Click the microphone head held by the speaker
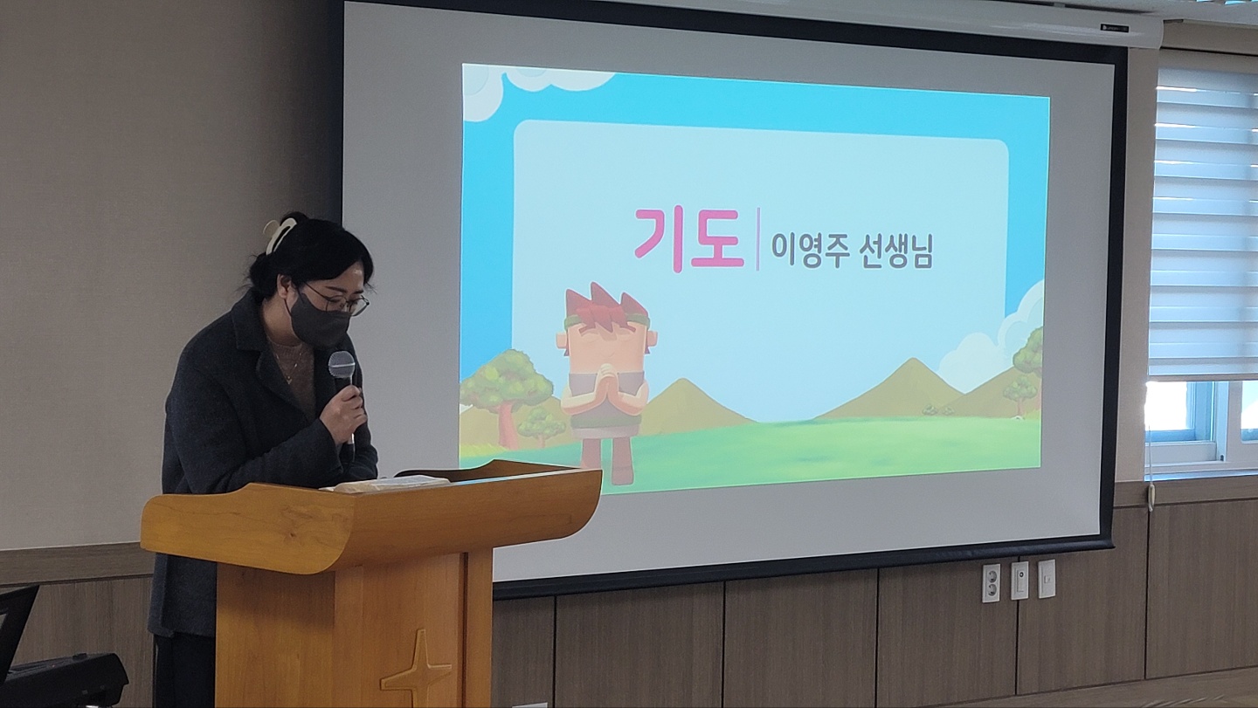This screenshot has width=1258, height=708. pyautogui.click(x=342, y=364)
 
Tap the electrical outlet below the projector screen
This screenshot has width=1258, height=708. pyautogui.click(x=991, y=582)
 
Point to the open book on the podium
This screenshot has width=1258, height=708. pyautogui.click(x=382, y=484)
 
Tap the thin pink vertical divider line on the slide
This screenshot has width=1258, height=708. pyautogui.click(x=757, y=239)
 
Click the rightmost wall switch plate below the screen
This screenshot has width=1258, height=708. pyautogui.click(x=1046, y=579)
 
